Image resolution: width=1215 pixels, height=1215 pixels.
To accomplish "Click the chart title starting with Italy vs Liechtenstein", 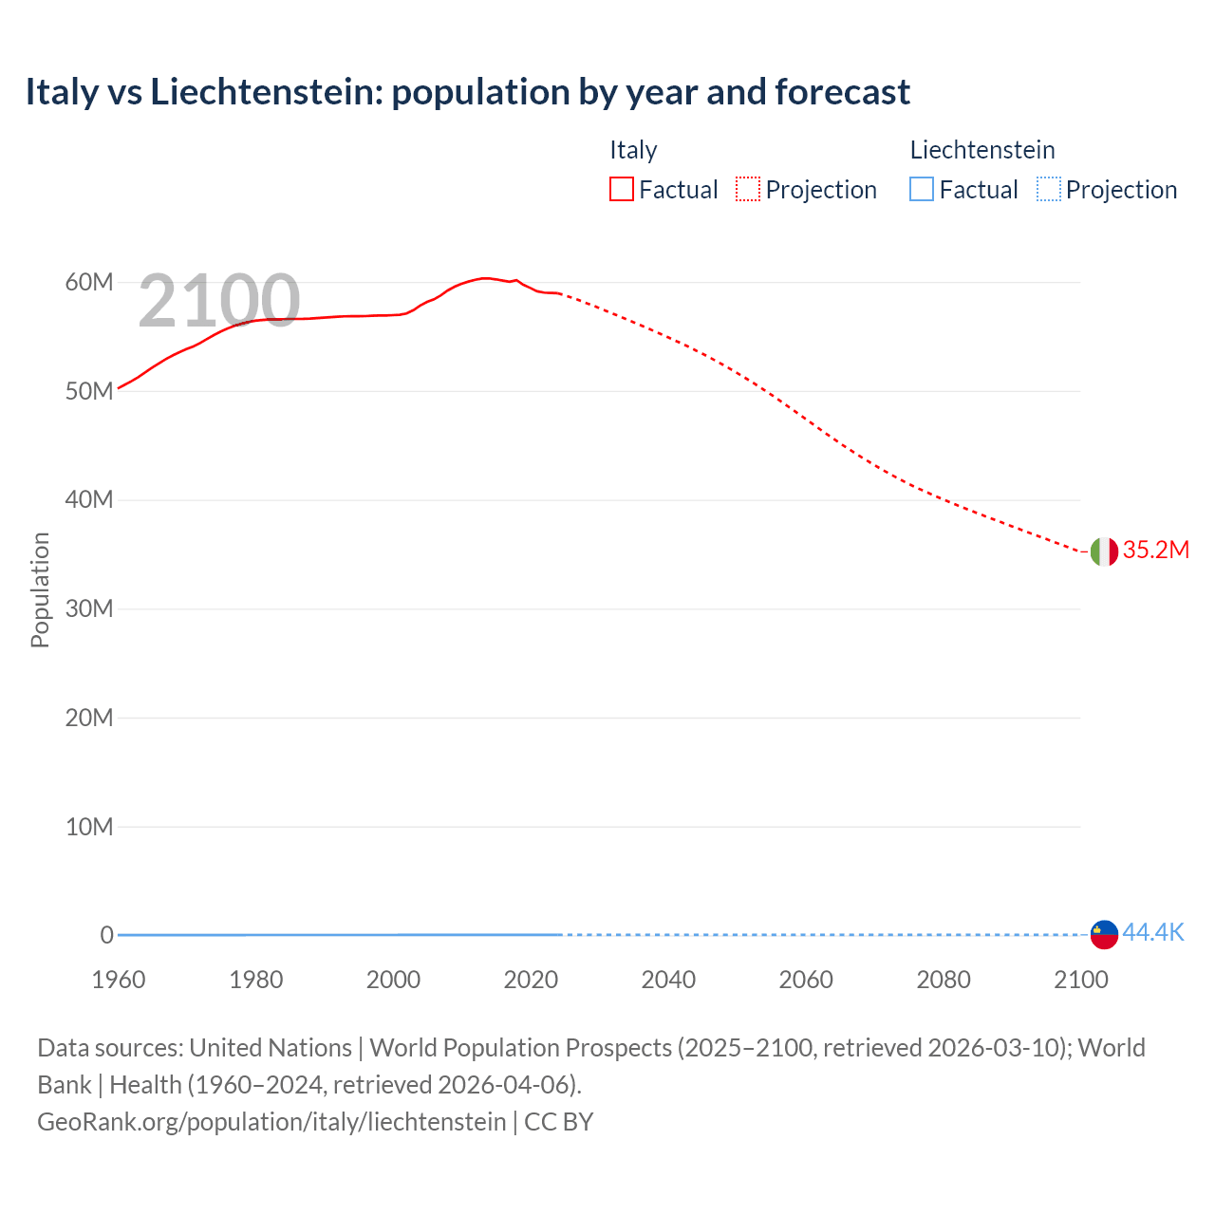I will point(467,92).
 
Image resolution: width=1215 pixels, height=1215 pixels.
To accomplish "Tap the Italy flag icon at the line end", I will point(1104,551).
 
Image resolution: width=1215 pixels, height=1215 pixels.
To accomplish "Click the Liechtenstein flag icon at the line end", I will point(1104,934).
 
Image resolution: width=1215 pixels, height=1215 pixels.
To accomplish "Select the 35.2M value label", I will point(1155,551).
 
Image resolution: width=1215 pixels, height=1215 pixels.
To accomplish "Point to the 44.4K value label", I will point(1152,933).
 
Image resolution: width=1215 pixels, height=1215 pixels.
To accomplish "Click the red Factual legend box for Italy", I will point(622,190).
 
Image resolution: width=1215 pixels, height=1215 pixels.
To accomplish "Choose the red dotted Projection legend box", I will point(748,190).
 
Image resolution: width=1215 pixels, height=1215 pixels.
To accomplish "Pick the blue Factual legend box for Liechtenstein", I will point(922,190).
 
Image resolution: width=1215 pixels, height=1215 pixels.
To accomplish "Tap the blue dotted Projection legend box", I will point(1048,190).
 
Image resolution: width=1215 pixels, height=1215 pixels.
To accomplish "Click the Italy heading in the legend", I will point(633,150).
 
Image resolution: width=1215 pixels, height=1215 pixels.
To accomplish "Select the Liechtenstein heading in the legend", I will point(982,150).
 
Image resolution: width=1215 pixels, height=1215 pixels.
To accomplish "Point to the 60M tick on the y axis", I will point(89,282).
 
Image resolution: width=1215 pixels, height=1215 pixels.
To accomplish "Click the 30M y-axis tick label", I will point(89,608).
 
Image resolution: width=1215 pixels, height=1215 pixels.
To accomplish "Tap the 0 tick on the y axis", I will point(106,935).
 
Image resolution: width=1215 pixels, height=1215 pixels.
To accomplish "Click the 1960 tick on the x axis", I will point(119,980).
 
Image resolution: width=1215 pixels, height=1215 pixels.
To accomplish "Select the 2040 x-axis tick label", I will point(668,980).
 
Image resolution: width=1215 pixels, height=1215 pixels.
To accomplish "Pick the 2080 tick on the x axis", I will point(944,980).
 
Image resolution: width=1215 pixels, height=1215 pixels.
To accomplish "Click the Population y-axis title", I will point(40,589).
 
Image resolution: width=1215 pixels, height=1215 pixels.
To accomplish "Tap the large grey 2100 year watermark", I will point(219,301).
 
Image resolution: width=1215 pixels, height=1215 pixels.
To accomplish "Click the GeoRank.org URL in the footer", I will point(271,1122).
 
